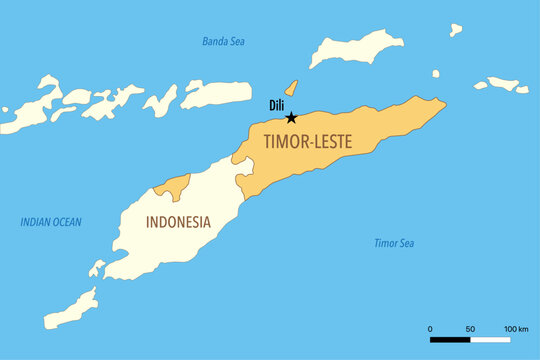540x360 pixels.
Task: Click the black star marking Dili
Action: point(291,117)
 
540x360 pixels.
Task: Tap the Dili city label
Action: point(278,105)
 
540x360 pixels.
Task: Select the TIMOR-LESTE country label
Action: point(307,142)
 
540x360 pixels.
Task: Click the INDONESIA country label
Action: point(178,222)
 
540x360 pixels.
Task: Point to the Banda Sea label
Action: point(224,42)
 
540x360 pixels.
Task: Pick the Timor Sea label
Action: point(394,243)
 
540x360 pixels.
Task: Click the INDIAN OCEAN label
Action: point(51,222)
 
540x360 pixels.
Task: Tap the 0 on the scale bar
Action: point(430,328)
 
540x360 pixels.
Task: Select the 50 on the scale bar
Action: point(470,328)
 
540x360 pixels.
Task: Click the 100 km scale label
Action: point(515,328)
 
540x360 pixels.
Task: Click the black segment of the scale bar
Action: point(450,340)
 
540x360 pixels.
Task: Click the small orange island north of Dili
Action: point(291,88)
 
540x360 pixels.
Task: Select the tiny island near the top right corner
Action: point(455,30)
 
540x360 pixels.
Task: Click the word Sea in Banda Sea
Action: point(237,42)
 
